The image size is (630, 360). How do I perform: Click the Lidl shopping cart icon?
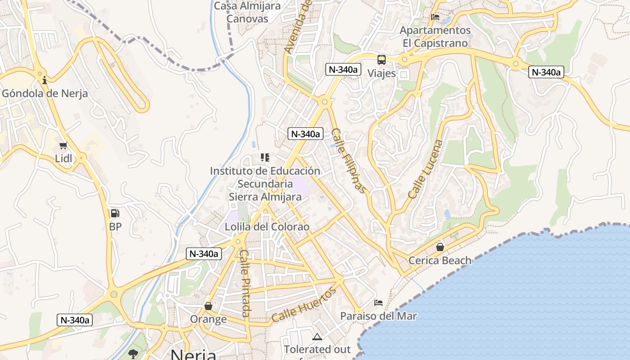point(63,146)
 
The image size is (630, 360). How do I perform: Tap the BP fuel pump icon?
point(115,213)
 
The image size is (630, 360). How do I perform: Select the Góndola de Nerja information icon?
point(45,81)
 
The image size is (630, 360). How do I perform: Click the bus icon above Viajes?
point(382,60)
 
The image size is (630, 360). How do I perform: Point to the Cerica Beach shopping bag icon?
point(440,247)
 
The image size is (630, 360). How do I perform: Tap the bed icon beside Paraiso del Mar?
point(378,303)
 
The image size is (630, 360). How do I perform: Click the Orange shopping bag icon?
point(208,306)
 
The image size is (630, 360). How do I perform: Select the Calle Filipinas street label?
point(349,160)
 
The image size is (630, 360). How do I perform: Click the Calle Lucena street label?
point(426,170)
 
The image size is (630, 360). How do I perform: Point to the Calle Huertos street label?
point(304,305)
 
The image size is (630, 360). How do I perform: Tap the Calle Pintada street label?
point(245,283)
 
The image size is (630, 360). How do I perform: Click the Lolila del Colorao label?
point(267,227)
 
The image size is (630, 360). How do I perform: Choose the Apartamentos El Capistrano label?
point(435,37)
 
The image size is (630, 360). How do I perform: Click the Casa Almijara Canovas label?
point(247,13)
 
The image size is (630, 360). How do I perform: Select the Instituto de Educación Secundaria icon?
point(265,157)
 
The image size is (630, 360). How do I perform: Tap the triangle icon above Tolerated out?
point(317,337)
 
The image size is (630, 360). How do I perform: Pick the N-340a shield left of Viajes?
point(343,69)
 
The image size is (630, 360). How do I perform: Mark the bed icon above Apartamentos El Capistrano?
point(435,18)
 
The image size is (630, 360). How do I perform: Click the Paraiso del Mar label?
point(378,316)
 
